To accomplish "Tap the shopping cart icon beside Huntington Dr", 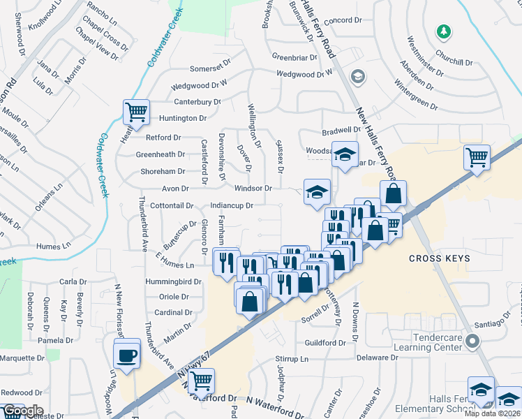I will tap(135, 110).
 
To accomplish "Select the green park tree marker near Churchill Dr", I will tap(441, 31).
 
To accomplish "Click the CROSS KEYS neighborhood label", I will tap(440, 258).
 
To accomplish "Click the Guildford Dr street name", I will tap(331, 343).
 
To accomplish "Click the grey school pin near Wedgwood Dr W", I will tap(358, 76).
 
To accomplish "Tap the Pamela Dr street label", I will tap(56, 340).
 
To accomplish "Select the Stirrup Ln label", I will tap(290, 359).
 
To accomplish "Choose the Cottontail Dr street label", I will tap(171, 206).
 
